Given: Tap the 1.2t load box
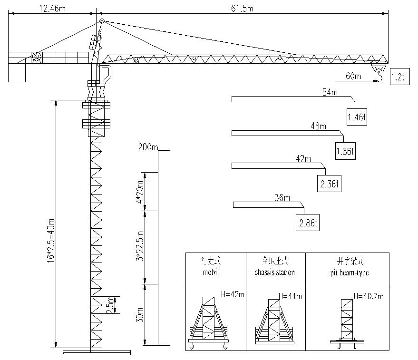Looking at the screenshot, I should coord(398,77).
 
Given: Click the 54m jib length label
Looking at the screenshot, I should coord(330,92).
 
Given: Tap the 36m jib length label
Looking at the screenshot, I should coord(282,197).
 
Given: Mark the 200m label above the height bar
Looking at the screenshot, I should coord(147,146).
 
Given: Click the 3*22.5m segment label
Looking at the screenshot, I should coord(139,246).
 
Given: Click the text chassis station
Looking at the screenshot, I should coord(274,272).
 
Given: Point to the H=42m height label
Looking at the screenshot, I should coord(233,293).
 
